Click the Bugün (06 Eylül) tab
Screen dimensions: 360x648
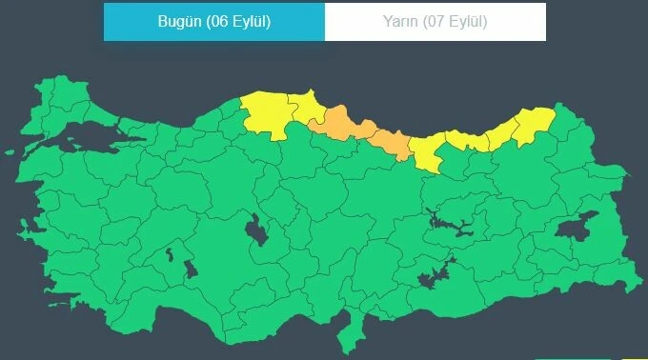(x=213, y=22)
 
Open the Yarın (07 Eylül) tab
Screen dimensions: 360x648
(x=435, y=22)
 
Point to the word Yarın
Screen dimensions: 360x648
(x=399, y=22)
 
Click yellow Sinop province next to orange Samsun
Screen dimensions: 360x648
(x=306, y=104)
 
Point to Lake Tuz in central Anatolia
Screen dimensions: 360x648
(x=255, y=230)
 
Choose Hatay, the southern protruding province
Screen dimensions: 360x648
(x=354, y=330)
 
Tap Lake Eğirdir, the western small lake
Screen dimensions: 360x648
(x=171, y=254)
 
